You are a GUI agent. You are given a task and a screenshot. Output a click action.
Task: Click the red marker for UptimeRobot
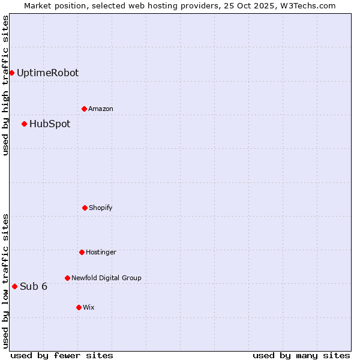click(x=11, y=73)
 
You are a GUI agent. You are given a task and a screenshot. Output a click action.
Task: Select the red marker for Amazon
click(x=84, y=109)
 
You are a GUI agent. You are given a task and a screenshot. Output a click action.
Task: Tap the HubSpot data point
click(x=24, y=124)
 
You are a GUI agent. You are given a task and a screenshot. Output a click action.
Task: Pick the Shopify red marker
click(x=85, y=208)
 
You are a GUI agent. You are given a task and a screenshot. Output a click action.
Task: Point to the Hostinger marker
click(x=82, y=252)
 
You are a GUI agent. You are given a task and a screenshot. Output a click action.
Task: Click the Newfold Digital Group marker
click(x=67, y=278)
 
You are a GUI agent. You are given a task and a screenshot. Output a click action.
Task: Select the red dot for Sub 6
click(x=14, y=286)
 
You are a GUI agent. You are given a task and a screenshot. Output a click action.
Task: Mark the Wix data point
click(x=79, y=307)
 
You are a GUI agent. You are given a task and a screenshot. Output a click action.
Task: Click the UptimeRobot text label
click(x=47, y=73)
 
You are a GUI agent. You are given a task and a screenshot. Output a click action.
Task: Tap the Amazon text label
click(x=101, y=109)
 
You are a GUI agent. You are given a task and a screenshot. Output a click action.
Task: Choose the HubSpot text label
click(x=50, y=124)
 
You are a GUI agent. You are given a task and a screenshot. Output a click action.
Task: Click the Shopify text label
click(x=101, y=208)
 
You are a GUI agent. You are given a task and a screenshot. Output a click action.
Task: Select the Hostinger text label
click(x=101, y=253)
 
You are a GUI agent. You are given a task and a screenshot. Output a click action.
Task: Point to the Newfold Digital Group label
click(x=106, y=278)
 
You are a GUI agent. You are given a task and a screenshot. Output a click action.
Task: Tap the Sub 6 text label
click(x=34, y=286)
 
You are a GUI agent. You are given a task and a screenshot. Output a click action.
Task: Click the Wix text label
click(x=89, y=308)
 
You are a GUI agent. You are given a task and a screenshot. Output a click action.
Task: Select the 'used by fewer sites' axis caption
click(x=62, y=355)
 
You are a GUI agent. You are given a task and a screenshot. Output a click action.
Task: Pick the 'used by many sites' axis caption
click(x=301, y=355)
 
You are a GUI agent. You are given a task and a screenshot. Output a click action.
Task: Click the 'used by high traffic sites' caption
click(x=5, y=85)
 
